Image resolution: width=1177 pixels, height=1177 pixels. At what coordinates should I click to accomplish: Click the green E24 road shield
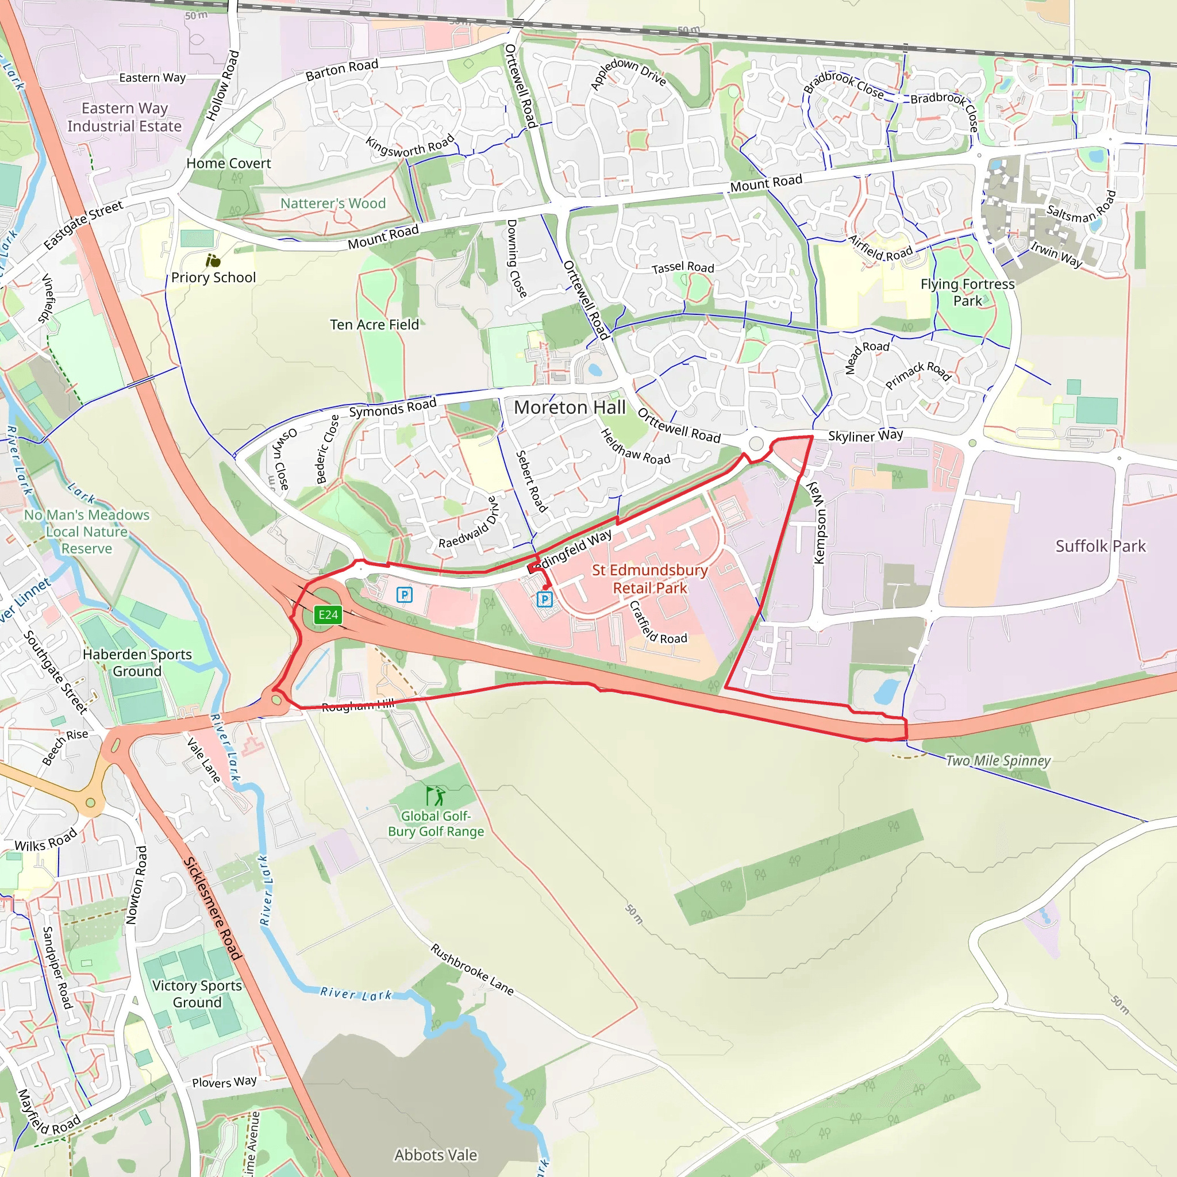tap(328, 615)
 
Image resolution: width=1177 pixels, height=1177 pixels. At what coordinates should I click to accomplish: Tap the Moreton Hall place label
tap(570, 407)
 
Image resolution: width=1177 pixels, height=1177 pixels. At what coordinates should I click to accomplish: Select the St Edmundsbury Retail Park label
tap(650, 579)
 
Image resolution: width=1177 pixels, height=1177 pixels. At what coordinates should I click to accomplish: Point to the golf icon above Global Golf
tap(435, 795)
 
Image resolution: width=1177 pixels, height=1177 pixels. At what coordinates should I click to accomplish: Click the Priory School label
tap(213, 277)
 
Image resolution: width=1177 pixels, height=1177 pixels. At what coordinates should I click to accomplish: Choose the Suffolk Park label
tap(1100, 546)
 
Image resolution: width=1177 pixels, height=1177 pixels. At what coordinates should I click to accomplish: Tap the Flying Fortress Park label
tap(967, 293)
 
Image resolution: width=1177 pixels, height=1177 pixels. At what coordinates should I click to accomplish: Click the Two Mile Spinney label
tap(998, 760)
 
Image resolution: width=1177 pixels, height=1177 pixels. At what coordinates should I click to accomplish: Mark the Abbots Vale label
tap(436, 1155)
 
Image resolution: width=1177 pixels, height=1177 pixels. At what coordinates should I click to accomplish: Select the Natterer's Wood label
tap(333, 203)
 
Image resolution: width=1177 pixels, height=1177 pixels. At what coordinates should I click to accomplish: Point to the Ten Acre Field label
tap(374, 325)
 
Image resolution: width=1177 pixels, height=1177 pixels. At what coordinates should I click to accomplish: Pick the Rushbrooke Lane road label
tap(472, 970)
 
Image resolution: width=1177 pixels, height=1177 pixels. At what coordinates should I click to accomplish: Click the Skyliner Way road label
tap(865, 436)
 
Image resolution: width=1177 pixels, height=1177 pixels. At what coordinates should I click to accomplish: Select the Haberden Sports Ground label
tap(137, 662)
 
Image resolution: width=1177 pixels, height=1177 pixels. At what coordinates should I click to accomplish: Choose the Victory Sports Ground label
tap(197, 994)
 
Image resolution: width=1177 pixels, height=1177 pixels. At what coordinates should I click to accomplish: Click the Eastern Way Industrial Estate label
tap(124, 117)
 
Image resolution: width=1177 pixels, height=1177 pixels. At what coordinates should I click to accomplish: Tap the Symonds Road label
tap(393, 407)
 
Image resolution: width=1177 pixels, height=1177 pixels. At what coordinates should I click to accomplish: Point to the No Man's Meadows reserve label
tap(87, 531)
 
